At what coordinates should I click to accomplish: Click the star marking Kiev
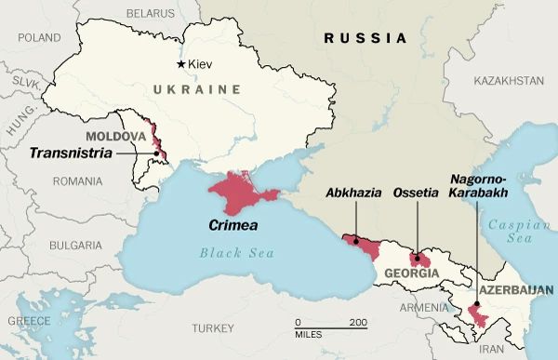click(x=180, y=63)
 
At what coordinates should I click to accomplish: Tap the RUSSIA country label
click(x=365, y=39)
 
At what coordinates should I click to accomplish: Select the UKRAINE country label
click(x=191, y=88)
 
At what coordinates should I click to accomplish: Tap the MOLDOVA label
click(x=115, y=136)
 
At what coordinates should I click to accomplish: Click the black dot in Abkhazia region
click(x=356, y=241)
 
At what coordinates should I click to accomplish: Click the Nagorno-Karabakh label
click(x=477, y=185)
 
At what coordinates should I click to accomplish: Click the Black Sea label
click(x=232, y=253)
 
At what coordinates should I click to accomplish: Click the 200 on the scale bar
click(x=358, y=323)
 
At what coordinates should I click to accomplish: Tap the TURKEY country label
click(x=215, y=328)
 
